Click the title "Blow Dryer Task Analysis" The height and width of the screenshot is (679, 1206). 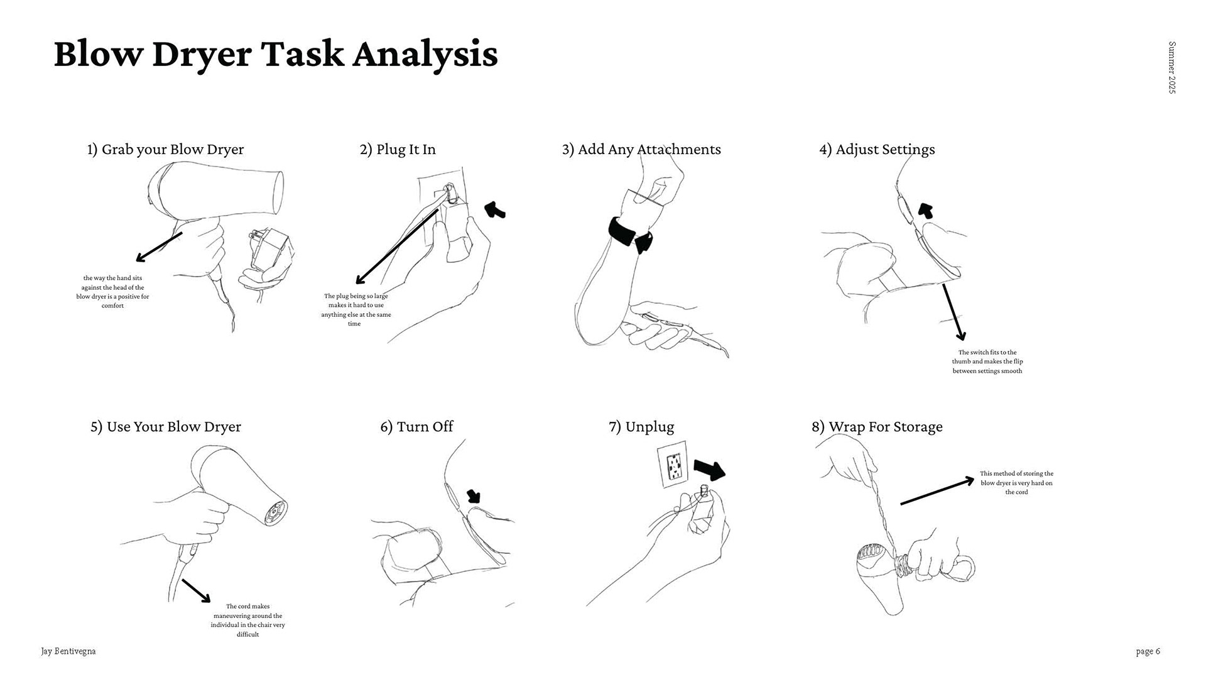point(276,53)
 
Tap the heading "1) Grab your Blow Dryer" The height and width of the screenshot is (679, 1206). point(165,150)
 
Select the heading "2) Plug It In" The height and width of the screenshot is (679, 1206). point(398,150)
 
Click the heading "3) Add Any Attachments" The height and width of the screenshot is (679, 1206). point(641,150)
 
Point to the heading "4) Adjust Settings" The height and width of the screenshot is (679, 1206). point(877,150)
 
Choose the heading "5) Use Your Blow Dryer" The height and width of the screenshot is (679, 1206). point(166,427)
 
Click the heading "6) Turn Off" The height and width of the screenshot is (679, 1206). point(416,427)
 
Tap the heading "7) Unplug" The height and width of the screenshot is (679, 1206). point(641,427)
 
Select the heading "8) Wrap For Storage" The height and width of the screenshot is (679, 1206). point(877,427)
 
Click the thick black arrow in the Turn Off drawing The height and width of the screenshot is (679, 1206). point(474,496)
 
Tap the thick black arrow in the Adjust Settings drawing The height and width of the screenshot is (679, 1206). point(925,210)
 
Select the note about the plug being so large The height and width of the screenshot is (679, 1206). point(356,309)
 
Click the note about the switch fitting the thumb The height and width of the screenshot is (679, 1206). point(987,362)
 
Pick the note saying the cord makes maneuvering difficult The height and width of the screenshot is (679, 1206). point(248,621)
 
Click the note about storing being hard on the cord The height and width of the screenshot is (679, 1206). point(1016,483)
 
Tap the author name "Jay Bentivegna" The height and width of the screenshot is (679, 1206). point(68,651)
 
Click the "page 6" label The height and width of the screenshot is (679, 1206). point(1148,651)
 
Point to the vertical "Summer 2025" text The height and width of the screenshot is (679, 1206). point(1171,67)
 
